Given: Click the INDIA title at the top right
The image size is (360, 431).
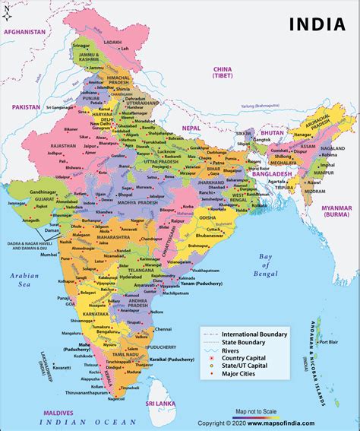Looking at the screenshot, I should [x=317, y=24].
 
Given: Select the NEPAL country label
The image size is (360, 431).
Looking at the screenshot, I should [x=191, y=128].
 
